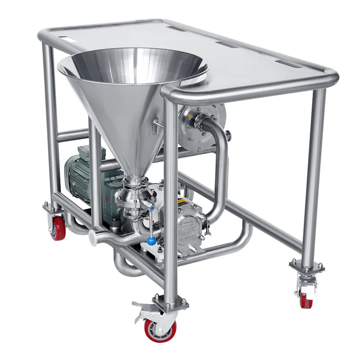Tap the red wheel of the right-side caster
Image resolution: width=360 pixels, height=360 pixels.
[x=306, y=300]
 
